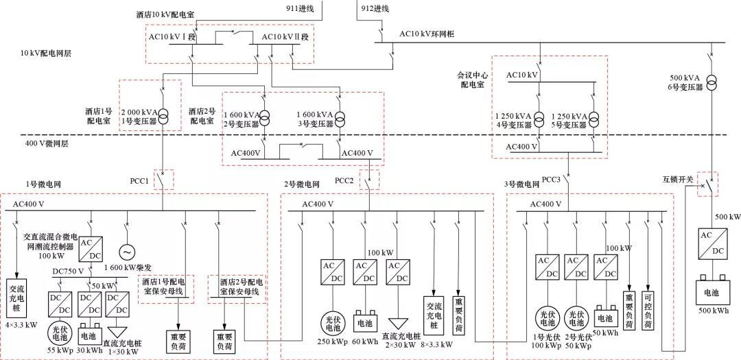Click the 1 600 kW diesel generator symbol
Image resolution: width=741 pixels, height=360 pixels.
126,252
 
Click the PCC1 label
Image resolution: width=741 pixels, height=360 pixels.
141,180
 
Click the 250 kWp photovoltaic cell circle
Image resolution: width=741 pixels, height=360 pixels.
333,322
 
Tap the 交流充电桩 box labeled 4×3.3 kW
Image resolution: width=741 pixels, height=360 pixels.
17,296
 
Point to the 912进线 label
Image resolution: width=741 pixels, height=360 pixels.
375,8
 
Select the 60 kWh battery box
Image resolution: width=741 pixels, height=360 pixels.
364,320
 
